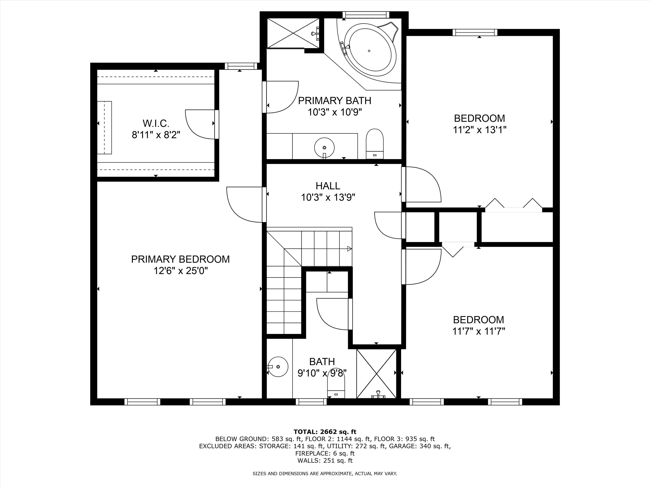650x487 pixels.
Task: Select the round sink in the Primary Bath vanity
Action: point(324,148)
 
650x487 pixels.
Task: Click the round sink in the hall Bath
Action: point(278,367)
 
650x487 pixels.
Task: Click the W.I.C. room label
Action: point(156,123)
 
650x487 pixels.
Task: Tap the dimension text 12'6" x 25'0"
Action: point(180,271)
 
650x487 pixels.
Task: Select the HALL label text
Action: point(328,186)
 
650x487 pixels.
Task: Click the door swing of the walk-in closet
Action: point(200,124)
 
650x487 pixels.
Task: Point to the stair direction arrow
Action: point(349,249)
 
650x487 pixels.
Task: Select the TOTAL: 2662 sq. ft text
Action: point(325,432)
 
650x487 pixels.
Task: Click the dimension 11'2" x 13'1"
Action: point(479,130)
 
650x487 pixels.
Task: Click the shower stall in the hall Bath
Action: point(376,373)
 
